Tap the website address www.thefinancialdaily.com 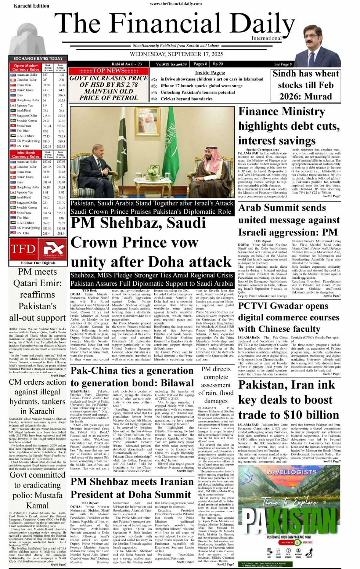(176, 3)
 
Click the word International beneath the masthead (266, 38)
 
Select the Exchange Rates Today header (38, 58)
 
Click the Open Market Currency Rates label (26, 68)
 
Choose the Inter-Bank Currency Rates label (26, 155)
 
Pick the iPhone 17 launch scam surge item (202, 86)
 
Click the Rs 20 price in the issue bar (218, 64)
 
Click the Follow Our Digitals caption (38, 263)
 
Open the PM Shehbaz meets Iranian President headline (132, 488)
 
